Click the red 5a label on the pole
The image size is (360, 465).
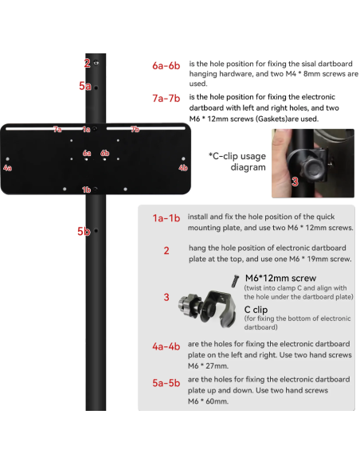[84, 86]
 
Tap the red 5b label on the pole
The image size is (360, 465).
[84, 231]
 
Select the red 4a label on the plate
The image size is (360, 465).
[7, 168]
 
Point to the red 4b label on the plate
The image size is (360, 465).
[183, 168]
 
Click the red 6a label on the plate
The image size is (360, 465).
[87, 153]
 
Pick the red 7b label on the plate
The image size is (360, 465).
[135, 129]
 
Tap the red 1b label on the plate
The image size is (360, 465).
[86, 190]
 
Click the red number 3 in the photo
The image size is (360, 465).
[295, 182]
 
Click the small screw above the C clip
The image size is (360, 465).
[235, 280]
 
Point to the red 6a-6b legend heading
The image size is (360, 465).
[166, 65]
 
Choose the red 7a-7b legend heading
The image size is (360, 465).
[166, 98]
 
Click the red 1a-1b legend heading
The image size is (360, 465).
[166, 218]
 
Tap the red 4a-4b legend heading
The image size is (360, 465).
[166, 346]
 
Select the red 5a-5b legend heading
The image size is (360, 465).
[166, 383]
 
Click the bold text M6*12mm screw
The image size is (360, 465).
[280, 278]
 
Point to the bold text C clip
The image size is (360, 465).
[256, 310]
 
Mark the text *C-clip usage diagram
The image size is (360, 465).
[237, 162]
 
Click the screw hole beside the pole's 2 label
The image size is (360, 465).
[96, 63]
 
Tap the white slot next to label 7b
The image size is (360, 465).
[146, 128]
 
